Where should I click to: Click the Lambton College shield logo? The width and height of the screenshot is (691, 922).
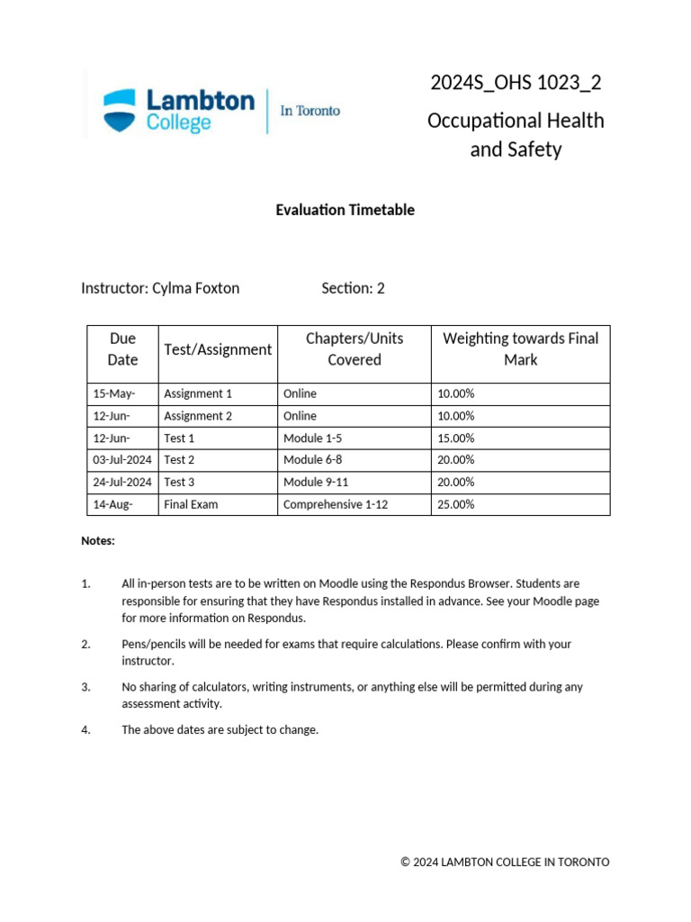tap(121, 110)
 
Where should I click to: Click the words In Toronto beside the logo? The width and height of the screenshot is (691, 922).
tap(310, 111)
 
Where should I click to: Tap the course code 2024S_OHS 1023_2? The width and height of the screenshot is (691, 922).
tap(516, 83)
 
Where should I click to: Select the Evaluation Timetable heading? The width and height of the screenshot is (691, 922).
tap(345, 210)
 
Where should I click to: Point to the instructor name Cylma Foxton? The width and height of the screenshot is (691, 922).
tap(195, 288)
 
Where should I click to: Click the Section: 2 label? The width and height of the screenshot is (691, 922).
tap(353, 288)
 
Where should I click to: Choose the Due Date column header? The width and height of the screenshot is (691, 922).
tap(122, 349)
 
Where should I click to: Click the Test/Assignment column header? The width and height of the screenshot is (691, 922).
tap(218, 349)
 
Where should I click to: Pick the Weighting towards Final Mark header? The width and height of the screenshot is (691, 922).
tap(520, 349)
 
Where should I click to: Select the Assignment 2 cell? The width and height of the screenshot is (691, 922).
tap(198, 416)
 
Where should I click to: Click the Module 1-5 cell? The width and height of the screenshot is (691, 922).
tap(312, 438)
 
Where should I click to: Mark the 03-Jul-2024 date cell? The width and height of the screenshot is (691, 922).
tap(122, 460)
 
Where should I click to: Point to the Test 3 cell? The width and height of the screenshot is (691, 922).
tap(179, 483)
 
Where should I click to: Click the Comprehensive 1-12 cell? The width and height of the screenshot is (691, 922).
tap(336, 504)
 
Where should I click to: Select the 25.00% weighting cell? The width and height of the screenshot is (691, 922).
tap(455, 504)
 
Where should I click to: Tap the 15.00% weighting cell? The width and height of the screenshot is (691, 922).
tap(455, 438)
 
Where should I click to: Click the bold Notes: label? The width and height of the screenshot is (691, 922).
tap(98, 541)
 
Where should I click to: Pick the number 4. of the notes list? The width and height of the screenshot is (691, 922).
tap(86, 729)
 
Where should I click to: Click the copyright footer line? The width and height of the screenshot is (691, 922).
tap(505, 862)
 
